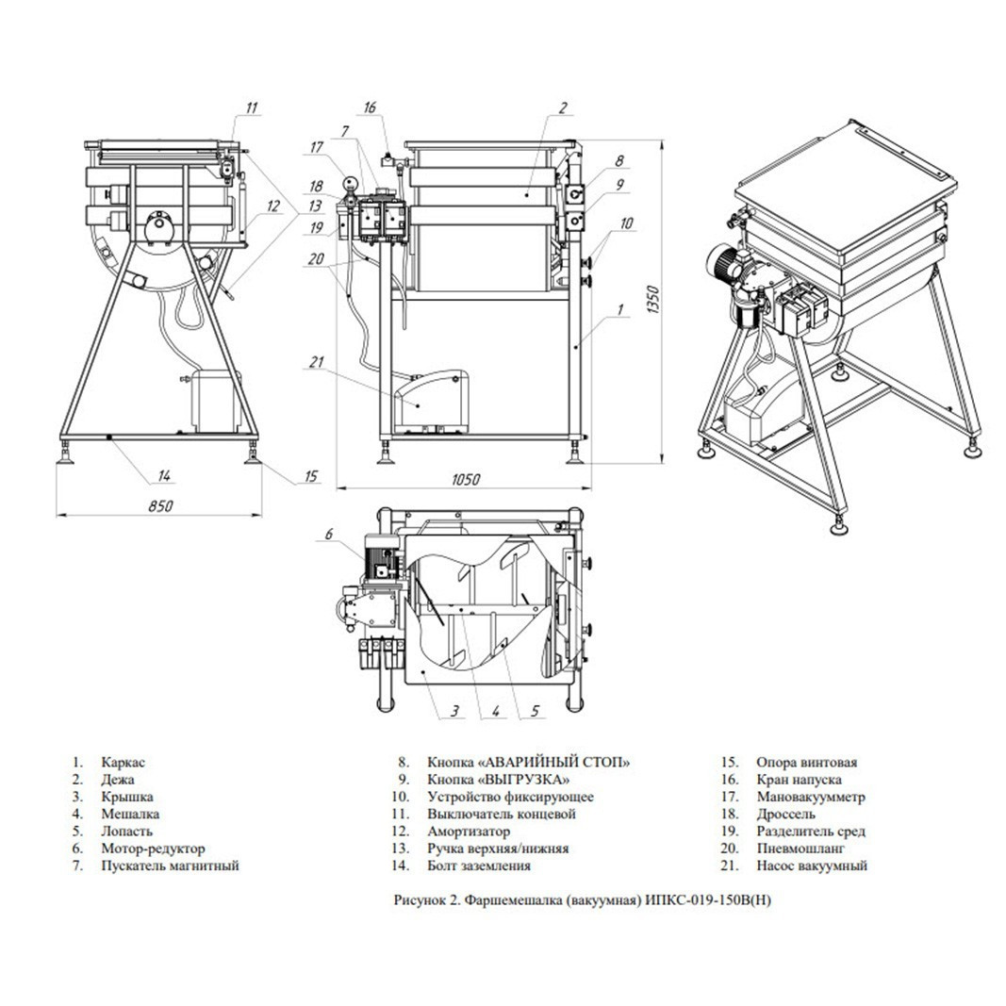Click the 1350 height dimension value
653,300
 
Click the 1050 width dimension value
466,479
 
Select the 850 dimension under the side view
159,505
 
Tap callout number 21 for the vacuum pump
317,362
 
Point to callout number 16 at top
370,107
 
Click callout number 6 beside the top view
329,533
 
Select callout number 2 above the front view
563,107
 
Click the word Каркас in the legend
124,762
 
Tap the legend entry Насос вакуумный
812,866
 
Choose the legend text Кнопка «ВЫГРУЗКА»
499,780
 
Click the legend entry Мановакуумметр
811,797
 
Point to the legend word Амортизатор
469,831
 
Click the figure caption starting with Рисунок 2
583,900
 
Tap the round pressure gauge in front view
350,183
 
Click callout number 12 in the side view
274,206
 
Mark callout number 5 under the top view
536,710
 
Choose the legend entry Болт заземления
479,866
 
